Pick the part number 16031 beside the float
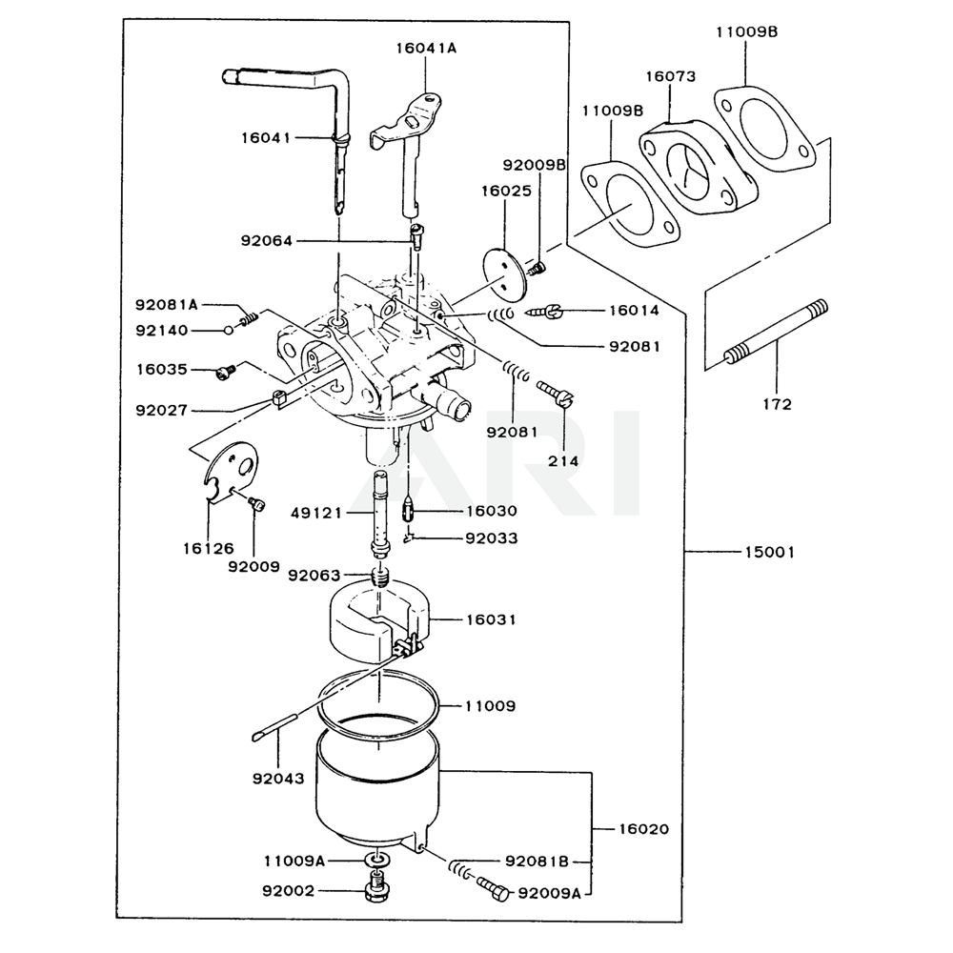[491, 619]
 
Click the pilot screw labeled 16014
[556, 310]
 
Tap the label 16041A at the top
[426, 47]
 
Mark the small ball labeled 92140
[230, 330]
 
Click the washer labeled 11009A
[379, 861]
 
